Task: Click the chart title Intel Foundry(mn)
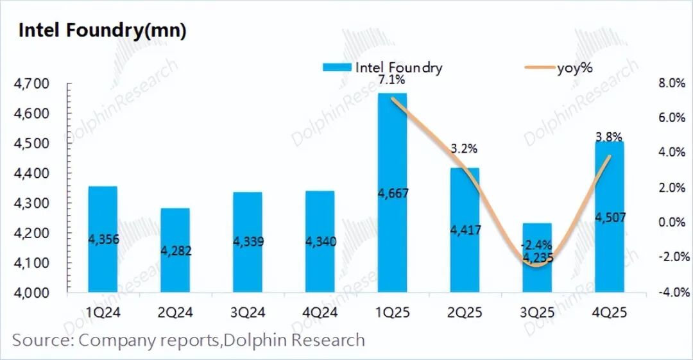click(103, 30)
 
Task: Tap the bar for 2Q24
click(175, 250)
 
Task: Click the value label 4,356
click(103, 239)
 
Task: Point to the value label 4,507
click(609, 218)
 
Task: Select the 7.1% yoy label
click(391, 80)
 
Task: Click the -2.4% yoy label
click(536, 244)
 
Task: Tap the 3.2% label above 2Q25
click(464, 150)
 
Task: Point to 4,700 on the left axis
click(31, 84)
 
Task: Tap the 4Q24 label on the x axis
click(320, 313)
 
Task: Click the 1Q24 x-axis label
click(103, 313)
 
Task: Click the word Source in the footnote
click(41, 340)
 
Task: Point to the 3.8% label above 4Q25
click(609, 136)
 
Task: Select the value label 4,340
click(320, 241)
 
